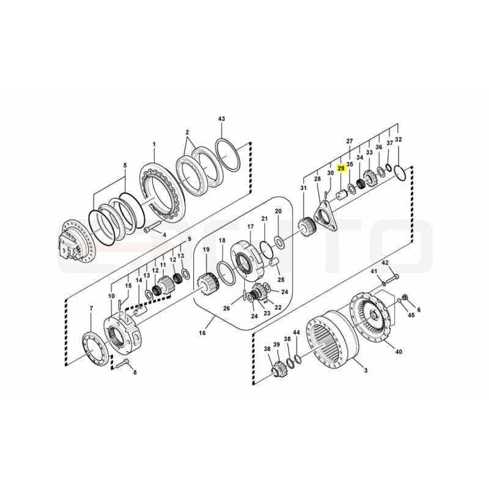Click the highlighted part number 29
[341, 169]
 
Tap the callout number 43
[221, 119]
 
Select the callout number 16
[202, 333]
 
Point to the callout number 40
[399, 352]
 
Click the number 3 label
[366, 370]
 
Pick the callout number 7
[91, 309]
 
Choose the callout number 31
[303, 188]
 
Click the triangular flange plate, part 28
[326, 215]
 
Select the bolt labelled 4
[152, 226]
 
